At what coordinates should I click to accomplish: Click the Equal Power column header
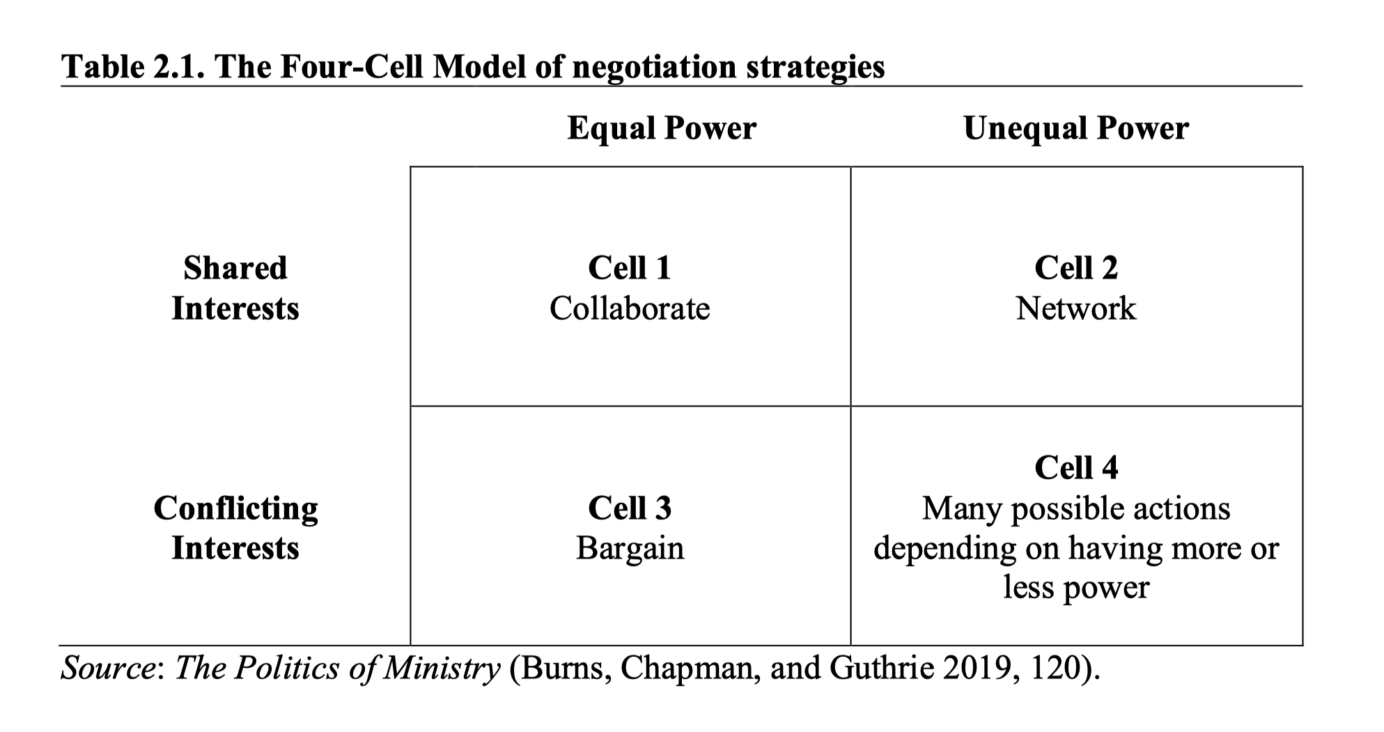pos(661,128)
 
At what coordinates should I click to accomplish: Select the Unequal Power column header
pos(1076,128)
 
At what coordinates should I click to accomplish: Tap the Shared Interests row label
pos(235,288)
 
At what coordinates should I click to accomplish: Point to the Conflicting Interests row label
pos(235,528)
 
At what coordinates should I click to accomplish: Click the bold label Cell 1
pos(630,268)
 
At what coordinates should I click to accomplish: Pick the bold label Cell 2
pos(1076,268)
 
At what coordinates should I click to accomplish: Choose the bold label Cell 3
pos(630,508)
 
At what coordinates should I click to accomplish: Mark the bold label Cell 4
pos(1076,467)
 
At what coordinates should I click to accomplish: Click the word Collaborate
pos(630,308)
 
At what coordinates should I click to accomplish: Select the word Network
pos(1076,308)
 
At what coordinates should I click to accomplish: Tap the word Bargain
pos(630,548)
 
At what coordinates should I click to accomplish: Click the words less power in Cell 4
pos(1076,588)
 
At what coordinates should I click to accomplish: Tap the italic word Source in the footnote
pos(109,668)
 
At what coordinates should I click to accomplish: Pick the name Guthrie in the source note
pos(882,668)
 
